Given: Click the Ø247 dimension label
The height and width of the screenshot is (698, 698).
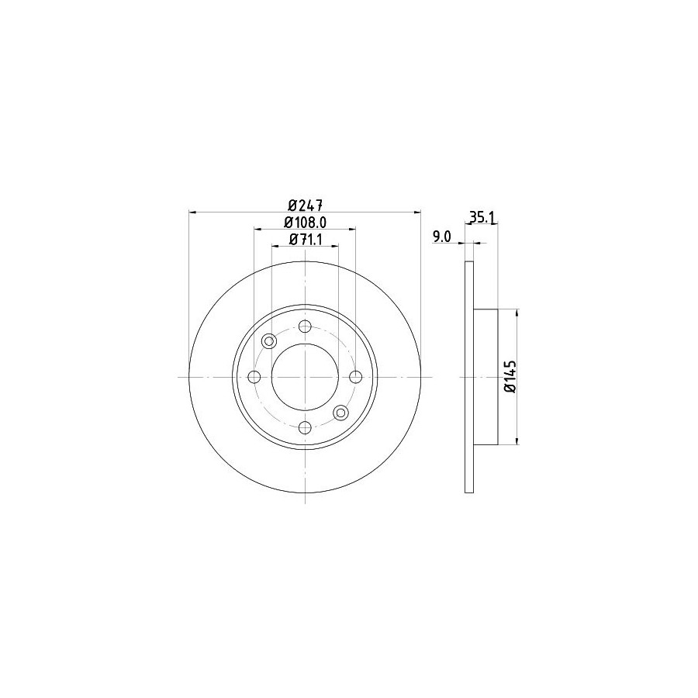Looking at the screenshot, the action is [305, 206].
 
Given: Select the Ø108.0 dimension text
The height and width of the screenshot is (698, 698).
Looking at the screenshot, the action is [306, 222].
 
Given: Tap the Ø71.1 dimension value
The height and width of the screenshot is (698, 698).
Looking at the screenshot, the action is [306, 240].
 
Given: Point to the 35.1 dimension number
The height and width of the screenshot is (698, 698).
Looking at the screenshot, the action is [482, 218].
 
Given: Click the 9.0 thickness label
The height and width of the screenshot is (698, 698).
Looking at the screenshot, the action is [442, 237].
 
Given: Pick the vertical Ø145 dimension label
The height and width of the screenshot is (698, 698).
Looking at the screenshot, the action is [510, 377].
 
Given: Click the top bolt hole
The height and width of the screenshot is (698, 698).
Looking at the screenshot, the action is [305, 327].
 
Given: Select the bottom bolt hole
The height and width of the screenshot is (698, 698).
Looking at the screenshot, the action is [305, 428].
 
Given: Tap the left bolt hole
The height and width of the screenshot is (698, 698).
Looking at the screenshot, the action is [254, 377].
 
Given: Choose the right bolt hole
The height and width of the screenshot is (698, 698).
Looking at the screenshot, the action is [356, 377].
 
